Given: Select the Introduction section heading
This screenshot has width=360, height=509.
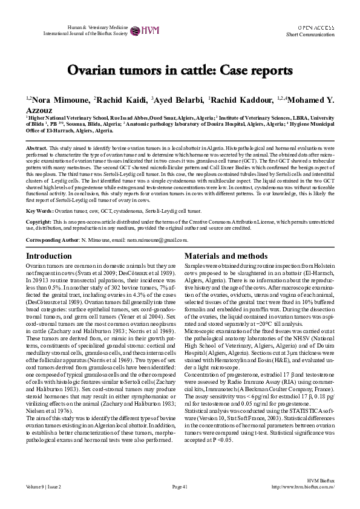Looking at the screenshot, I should tap(49, 256).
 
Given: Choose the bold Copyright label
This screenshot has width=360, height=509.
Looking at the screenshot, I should tap(39, 222).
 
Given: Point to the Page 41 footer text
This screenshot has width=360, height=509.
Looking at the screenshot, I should tap(180, 486).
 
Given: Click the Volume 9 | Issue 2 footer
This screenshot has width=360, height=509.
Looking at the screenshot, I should tap(44, 486).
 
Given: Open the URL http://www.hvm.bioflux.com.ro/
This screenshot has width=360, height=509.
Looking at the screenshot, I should tap(304, 486).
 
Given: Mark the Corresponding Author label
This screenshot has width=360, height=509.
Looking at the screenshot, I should tap(53, 240).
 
